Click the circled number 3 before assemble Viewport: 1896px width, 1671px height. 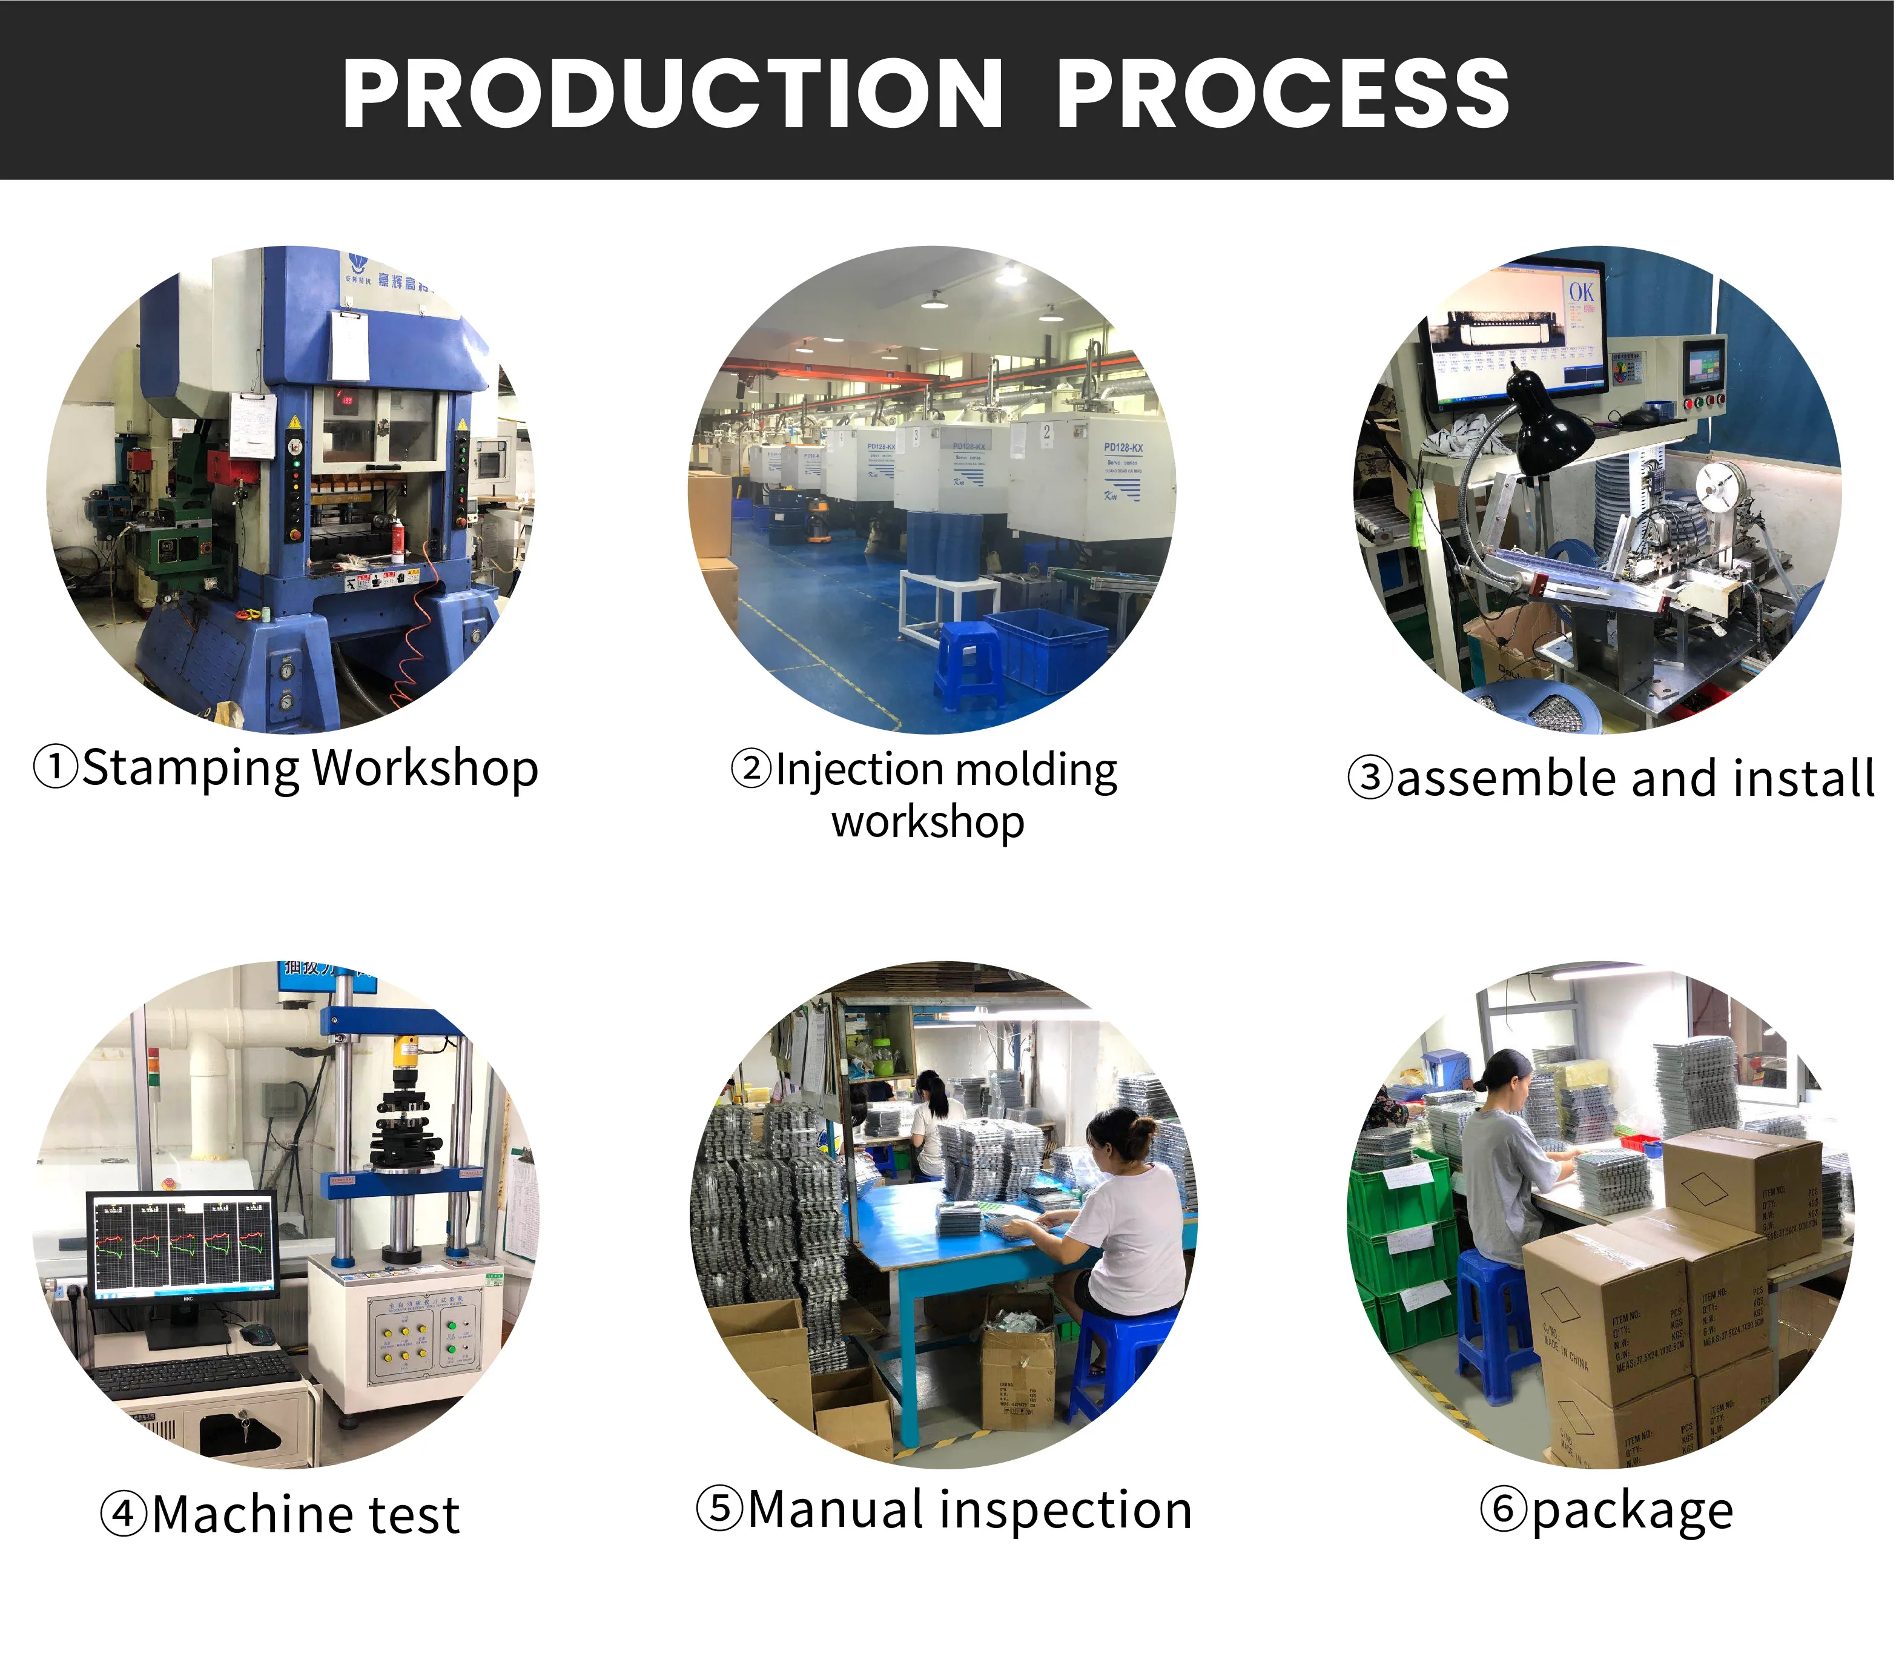(1370, 778)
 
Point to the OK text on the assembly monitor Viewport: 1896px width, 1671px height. (1582, 293)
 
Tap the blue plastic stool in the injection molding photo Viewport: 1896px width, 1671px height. (969, 663)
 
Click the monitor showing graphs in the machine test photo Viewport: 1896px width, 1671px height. (183, 1243)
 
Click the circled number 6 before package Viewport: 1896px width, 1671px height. (1503, 1509)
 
